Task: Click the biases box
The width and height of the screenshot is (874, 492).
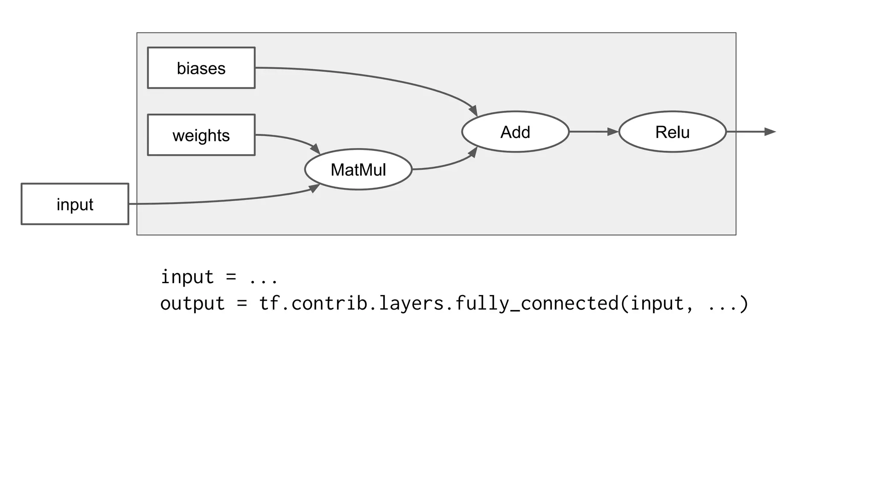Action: click(x=201, y=68)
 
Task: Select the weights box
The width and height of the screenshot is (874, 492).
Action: click(x=201, y=135)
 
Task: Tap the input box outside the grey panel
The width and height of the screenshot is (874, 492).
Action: click(x=75, y=204)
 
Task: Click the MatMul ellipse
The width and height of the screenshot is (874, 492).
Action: click(x=358, y=170)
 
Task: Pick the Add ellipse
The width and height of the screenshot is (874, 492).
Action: click(x=515, y=132)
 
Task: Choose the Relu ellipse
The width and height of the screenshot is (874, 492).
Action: click(x=672, y=132)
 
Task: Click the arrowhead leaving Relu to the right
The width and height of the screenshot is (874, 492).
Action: click(x=769, y=132)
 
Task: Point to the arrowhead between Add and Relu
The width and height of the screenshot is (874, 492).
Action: click(x=612, y=132)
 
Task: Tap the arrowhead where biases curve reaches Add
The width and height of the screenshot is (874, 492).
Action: click(x=473, y=110)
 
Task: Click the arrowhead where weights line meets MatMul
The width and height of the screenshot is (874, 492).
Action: click(x=315, y=149)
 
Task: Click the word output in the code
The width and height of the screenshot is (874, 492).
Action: click(x=192, y=304)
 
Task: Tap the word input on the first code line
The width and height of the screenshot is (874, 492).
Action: click(x=187, y=278)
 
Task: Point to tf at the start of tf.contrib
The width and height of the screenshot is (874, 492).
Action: click(x=269, y=304)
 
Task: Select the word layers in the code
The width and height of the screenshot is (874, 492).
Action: click(x=411, y=304)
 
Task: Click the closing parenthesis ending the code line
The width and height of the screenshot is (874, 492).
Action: click(x=744, y=304)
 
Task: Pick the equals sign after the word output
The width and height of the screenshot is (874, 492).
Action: click(x=242, y=304)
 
